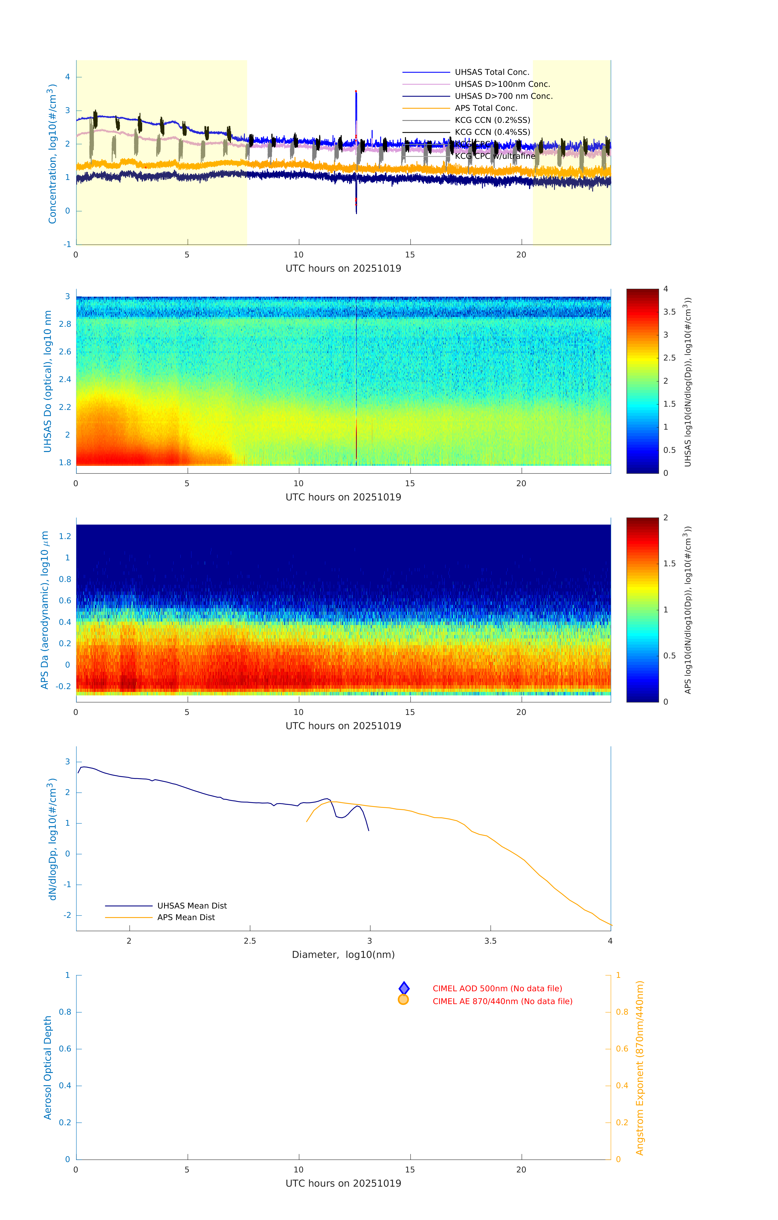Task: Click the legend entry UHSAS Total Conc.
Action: tap(492, 72)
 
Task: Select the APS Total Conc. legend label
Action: tap(486, 108)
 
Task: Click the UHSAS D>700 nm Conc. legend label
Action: tap(503, 96)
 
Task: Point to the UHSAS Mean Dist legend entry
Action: tap(192, 905)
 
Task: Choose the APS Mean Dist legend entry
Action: tap(185, 917)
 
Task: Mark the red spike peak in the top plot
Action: tap(356, 92)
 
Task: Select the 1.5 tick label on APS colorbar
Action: tap(670, 563)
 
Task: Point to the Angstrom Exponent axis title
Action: tap(640, 1067)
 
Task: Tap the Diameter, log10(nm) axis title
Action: tap(343, 954)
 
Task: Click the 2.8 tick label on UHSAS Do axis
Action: tap(65, 324)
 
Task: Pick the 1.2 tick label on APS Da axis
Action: tap(65, 536)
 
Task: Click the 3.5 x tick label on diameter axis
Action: tap(490, 941)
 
